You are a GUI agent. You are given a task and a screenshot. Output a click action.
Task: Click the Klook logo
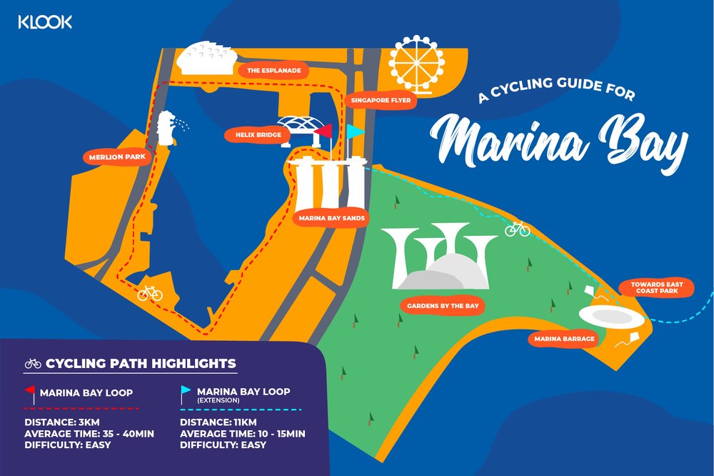click(x=45, y=22)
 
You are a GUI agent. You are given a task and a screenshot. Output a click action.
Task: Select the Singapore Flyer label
click(x=381, y=101)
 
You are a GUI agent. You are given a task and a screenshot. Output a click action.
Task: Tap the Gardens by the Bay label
click(x=442, y=306)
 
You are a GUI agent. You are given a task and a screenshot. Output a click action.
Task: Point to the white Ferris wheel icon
click(x=416, y=62)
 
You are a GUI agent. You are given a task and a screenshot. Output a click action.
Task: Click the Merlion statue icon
click(x=169, y=129)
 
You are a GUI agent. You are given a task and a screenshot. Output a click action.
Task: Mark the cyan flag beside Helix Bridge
click(x=355, y=132)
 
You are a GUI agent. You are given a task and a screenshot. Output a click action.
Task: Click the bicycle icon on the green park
click(x=517, y=229)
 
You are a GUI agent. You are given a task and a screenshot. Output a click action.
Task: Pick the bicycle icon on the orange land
click(x=150, y=293)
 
